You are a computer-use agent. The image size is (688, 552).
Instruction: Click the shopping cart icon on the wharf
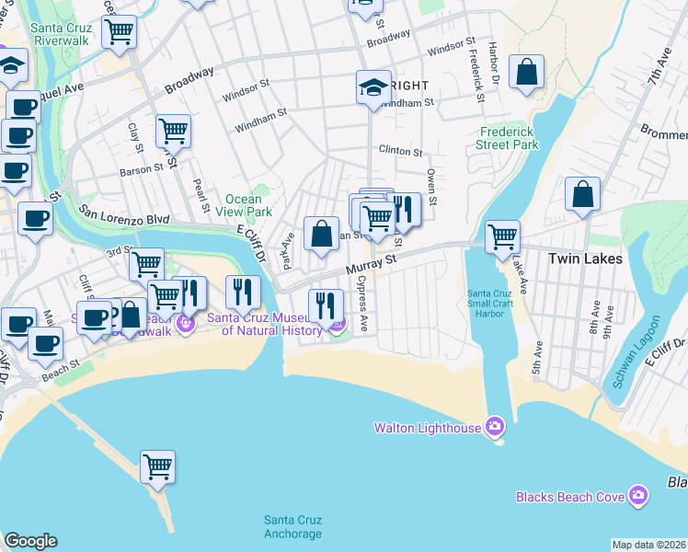(x=157, y=466)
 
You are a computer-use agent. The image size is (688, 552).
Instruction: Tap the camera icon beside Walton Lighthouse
(x=496, y=426)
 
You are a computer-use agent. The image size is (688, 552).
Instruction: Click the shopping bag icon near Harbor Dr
(x=526, y=72)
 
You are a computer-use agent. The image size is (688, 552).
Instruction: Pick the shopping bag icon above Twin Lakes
(x=582, y=194)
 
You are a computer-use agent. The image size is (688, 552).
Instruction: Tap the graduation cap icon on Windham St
(x=373, y=87)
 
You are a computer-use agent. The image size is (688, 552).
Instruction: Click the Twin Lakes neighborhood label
(x=585, y=259)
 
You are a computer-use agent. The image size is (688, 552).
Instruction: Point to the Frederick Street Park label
(x=508, y=138)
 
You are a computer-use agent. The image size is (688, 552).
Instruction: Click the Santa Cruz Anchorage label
(x=292, y=526)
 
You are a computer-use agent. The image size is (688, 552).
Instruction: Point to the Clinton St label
(x=400, y=152)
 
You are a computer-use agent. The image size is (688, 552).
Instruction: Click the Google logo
(x=30, y=541)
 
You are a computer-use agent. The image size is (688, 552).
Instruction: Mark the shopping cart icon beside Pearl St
(x=173, y=132)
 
